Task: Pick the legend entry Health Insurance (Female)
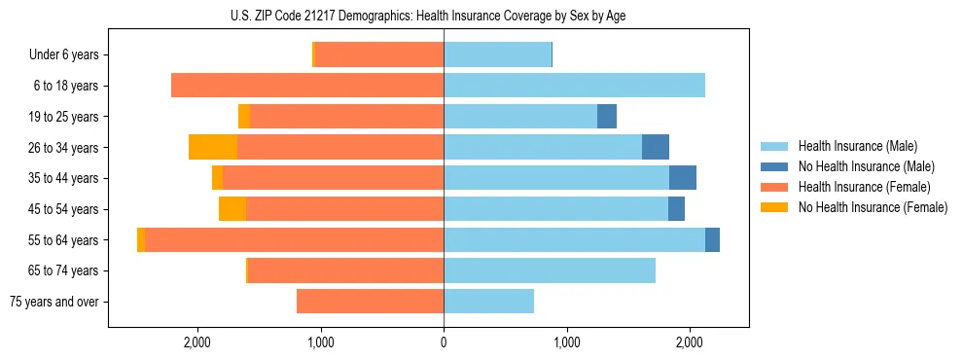857,187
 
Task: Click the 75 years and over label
54,302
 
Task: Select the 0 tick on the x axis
444,342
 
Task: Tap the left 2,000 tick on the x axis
198,342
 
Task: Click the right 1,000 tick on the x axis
566,342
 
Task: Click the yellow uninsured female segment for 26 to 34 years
213,147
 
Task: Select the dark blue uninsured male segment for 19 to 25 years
607,117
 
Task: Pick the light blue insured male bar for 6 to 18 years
574,86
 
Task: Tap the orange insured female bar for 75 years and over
370,302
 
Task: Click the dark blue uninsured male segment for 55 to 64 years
712,239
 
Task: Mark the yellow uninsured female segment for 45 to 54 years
232,209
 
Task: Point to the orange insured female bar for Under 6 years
379,55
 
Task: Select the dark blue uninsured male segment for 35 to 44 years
683,178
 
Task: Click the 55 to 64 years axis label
64,240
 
